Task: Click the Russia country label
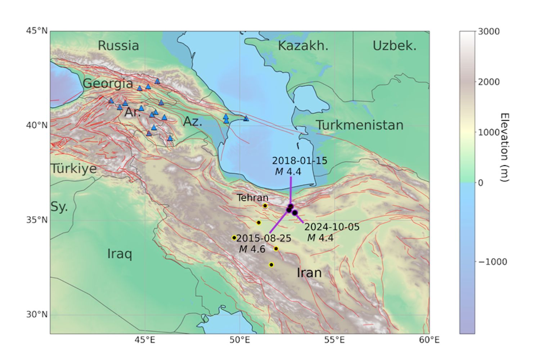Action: pyautogui.click(x=118, y=46)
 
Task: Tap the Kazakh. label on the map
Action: pyautogui.click(x=303, y=46)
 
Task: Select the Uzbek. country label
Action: pyautogui.click(x=394, y=46)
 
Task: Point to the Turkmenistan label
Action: pyautogui.click(x=359, y=125)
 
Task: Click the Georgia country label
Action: pyautogui.click(x=108, y=84)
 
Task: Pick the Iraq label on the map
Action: pyautogui.click(x=120, y=254)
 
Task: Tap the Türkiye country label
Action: pyautogui.click(x=74, y=168)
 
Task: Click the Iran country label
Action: pyautogui.click(x=309, y=273)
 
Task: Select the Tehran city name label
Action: pyautogui.click(x=252, y=198)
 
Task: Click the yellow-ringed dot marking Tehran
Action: pyautogui.click(x=265, y=206)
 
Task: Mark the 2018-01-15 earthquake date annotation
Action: pyautogui.click(x=300, y=161)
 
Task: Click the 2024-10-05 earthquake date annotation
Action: pyautogui.click(x=332, y=227)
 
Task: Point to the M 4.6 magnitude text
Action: pyautogui.click(x=252, y=249)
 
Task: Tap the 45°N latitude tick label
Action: pyautogui.click(x=37, y=31)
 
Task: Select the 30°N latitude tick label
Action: pyautogui.click(x=37, y=315)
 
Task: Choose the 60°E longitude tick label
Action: pyautogui.click(x=429, y=340)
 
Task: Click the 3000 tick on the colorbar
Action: pyautogui.click(x=489, y=32)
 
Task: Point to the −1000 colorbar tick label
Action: pyautogui.click(x=492, y=262)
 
